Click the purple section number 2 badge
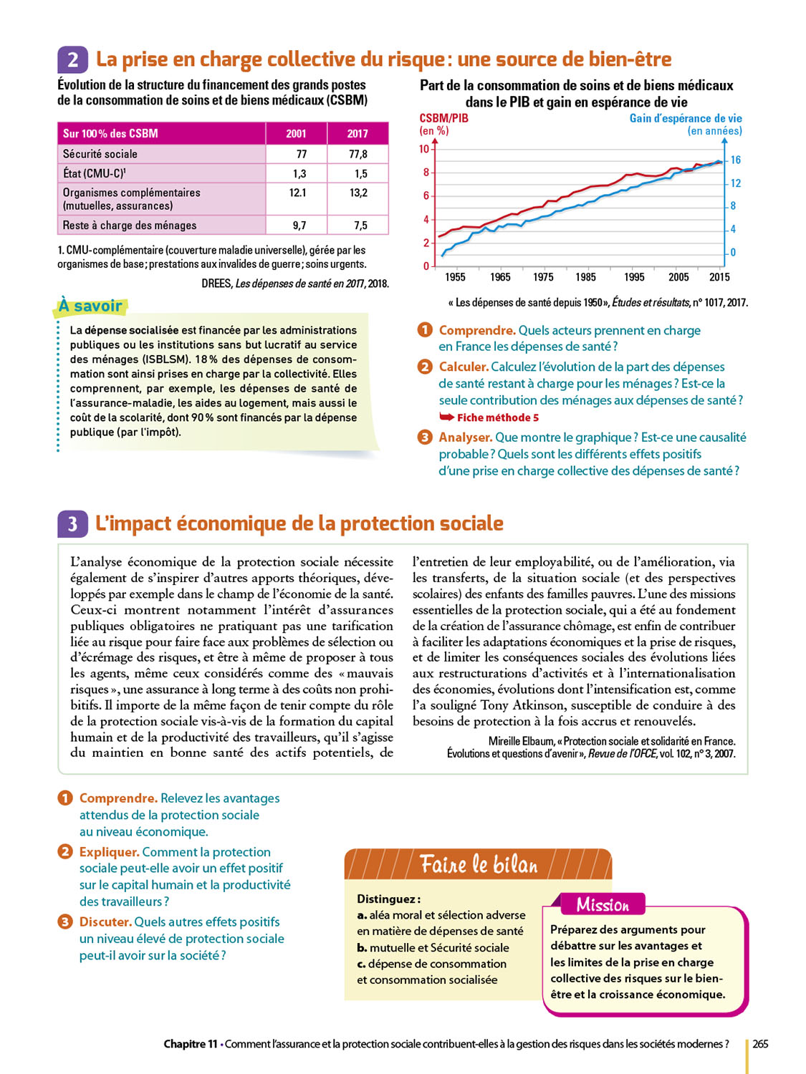(72, 59)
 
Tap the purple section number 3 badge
(72, 524)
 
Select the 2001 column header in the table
(296, 133)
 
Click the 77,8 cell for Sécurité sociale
(358, 154)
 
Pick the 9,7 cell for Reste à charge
(299, 226)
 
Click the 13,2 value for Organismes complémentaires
(358, 193)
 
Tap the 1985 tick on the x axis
(585, 277)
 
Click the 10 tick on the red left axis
(424, 149)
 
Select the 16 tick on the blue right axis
(735, 160)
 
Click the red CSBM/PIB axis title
(443, 118)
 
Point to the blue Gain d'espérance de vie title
(686, 118)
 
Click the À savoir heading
(90, 306)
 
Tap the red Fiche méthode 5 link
(497, 417)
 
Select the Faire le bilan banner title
(479, 864)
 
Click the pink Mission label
(603, 904)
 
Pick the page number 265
(760, 1044)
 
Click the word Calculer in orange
(464, 367)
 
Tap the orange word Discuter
(105, 921)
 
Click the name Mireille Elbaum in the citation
(521, 741)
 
